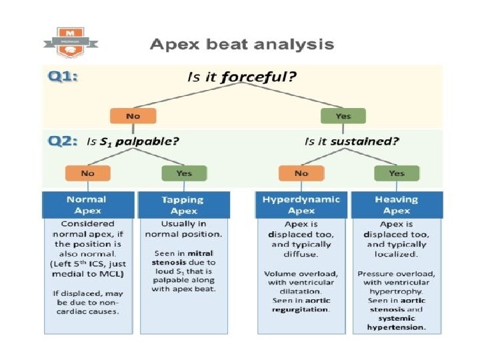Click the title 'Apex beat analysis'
point(241,45)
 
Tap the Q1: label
point(63,77)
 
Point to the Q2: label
point(63,141)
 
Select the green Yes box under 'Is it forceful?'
point(342,115)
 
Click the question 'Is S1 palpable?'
point(133,141)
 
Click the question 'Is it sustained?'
point(351,141)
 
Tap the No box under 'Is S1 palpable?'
point(87,173)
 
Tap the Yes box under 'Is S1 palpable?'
point(183,173)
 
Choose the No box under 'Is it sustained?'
point(301,173)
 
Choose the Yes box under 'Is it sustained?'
point(396,173)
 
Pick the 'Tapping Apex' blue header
point(183,205)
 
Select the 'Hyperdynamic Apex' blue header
point(301,204)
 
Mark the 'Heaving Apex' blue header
point(397,204)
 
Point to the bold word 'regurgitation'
point(301,310)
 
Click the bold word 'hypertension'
point(397,327)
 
